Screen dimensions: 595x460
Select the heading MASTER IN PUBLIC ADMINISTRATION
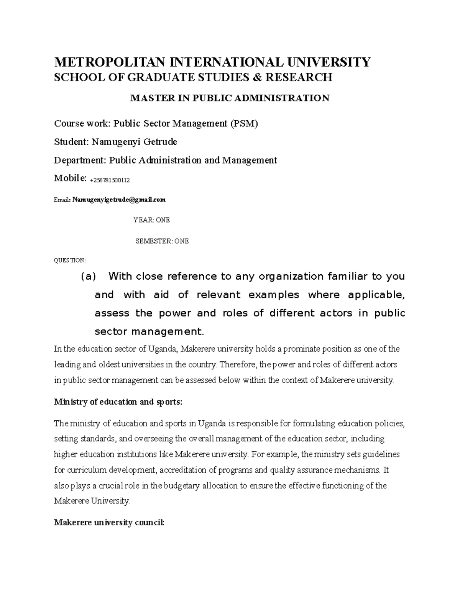pos(230,98)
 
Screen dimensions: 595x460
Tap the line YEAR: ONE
pos(151,220)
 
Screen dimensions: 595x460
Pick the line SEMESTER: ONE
pos(162,241)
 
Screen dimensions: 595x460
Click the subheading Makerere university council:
pos(109,523)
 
